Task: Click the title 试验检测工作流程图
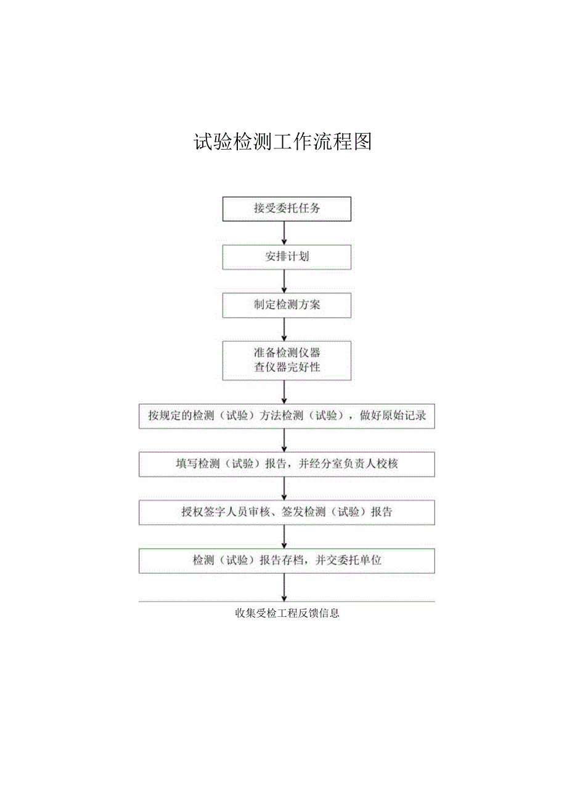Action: point(283,142)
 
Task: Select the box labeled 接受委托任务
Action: point(287,209)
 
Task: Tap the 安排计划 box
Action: point(287,257)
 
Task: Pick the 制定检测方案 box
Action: point(287,305)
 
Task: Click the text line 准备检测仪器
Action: point(287,353)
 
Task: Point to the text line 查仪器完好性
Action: point(287,368)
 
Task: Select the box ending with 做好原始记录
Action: point(287,416)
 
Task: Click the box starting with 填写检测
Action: point(287,464)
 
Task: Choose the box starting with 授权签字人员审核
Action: point(287,512)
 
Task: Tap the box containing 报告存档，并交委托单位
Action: point(287,560)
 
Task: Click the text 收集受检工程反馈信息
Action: point(287,613)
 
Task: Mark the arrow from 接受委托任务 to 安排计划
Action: point(284,233)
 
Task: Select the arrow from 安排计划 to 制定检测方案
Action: point(284,281)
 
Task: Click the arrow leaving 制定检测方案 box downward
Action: point(284,329)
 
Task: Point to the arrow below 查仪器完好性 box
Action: point(284,392)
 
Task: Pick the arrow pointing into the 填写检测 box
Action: point(284,440)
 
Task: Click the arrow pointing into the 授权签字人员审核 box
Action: point(284,488)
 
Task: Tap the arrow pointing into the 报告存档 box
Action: point(284,536)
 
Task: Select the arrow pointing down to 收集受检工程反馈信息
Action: point(284,587)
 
